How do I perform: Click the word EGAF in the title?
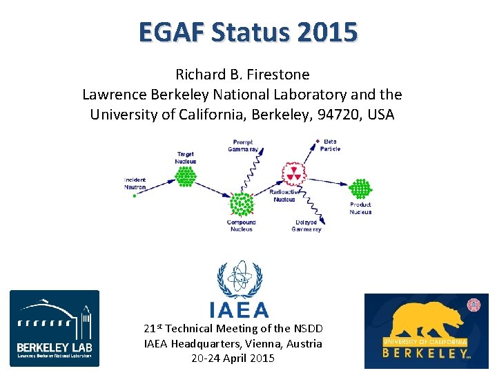pos(170,32)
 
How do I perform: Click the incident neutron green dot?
pos(135,195)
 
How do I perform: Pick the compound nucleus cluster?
pos(241,205)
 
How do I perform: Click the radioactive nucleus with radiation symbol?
pos(293,174)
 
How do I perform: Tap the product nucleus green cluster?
pos(360,189)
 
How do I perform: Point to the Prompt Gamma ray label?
pos(243,146)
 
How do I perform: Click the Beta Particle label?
pos(331,145)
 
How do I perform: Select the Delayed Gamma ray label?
pos(306,226)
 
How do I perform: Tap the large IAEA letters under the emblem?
pos(239,309)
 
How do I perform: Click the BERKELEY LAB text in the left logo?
pos(54,346)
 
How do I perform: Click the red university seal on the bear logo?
pos(474,305)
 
